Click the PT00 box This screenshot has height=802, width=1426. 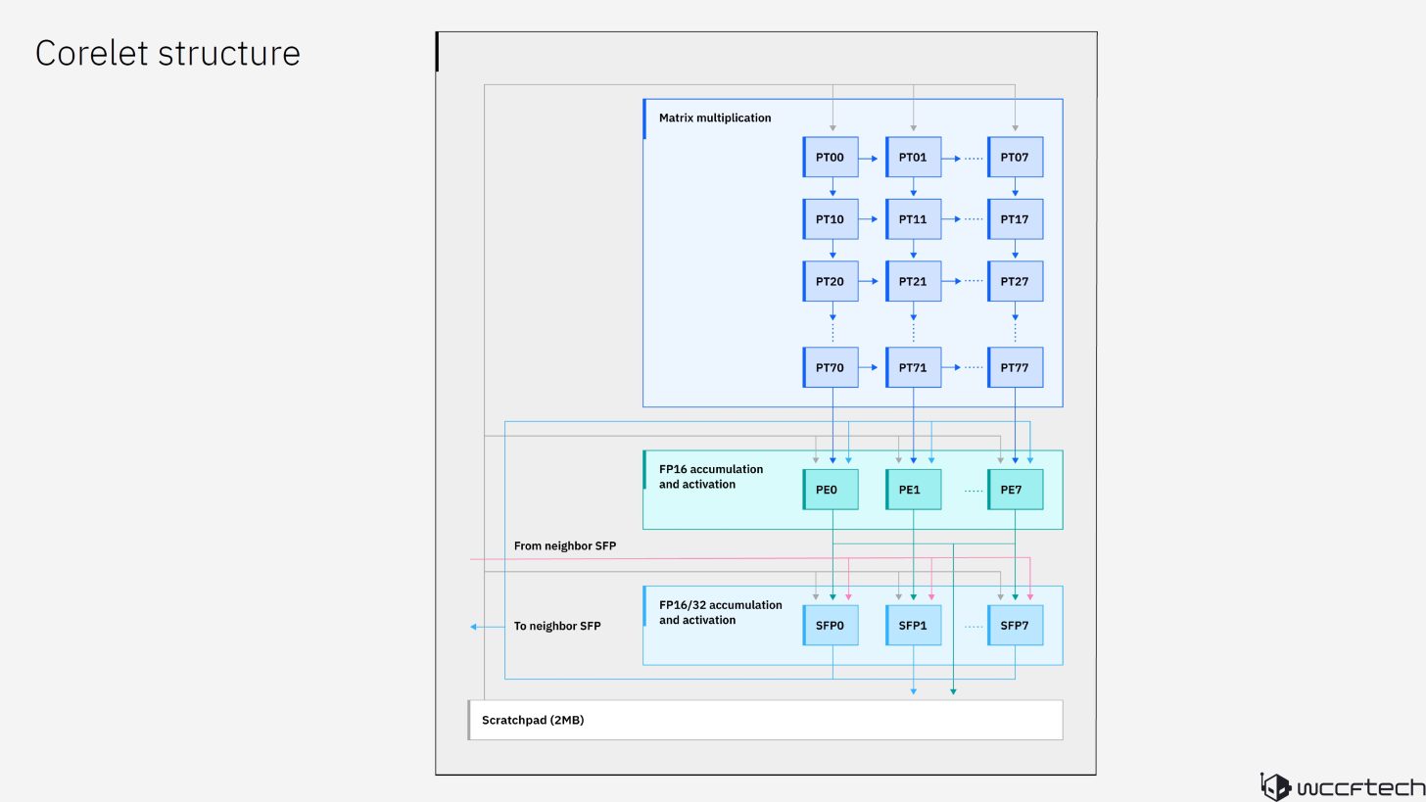(831, 158)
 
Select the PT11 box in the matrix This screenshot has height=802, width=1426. (913, 219)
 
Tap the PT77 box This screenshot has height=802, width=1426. (1015, 368)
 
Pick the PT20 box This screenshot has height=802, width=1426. (831, 282)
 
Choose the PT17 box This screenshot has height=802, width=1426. (1015, 219)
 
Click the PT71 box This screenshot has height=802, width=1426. (913, 368)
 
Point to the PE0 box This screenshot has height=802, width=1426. (831, 490)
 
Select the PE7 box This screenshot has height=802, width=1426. (1015, 490)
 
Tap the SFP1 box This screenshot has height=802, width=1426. (913, 626)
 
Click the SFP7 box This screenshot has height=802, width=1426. (1015, 626)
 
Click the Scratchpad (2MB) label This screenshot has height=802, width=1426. (533, 721)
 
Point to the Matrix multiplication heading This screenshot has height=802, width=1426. (715, 118)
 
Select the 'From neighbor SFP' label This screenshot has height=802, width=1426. (565, 546)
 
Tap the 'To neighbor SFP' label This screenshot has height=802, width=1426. (557, 627)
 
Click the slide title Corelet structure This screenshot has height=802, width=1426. (167, 54)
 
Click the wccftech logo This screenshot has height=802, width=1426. (1342, 786)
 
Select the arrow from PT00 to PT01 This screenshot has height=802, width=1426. (871, 158)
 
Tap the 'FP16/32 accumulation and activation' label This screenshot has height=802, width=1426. (720, 613)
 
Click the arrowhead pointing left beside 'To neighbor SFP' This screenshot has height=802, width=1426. (474, 627)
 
